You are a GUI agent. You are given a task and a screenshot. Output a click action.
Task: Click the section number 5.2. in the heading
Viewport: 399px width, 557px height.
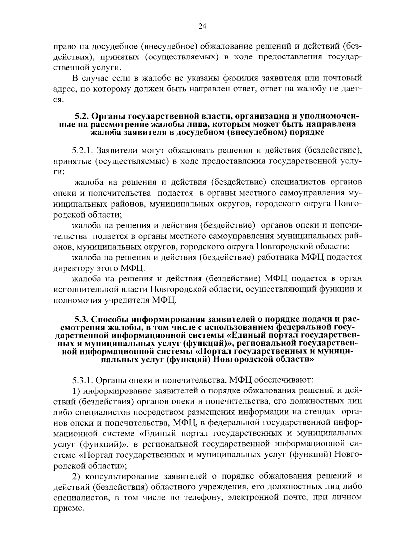point(81,117)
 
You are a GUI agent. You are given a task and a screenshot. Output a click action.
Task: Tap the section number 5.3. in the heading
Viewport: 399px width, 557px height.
point(81,319)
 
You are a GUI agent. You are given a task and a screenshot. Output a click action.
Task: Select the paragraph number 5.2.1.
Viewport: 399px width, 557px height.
point(82,151)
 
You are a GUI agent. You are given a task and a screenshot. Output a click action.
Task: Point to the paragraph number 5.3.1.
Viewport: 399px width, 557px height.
point(82,379)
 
